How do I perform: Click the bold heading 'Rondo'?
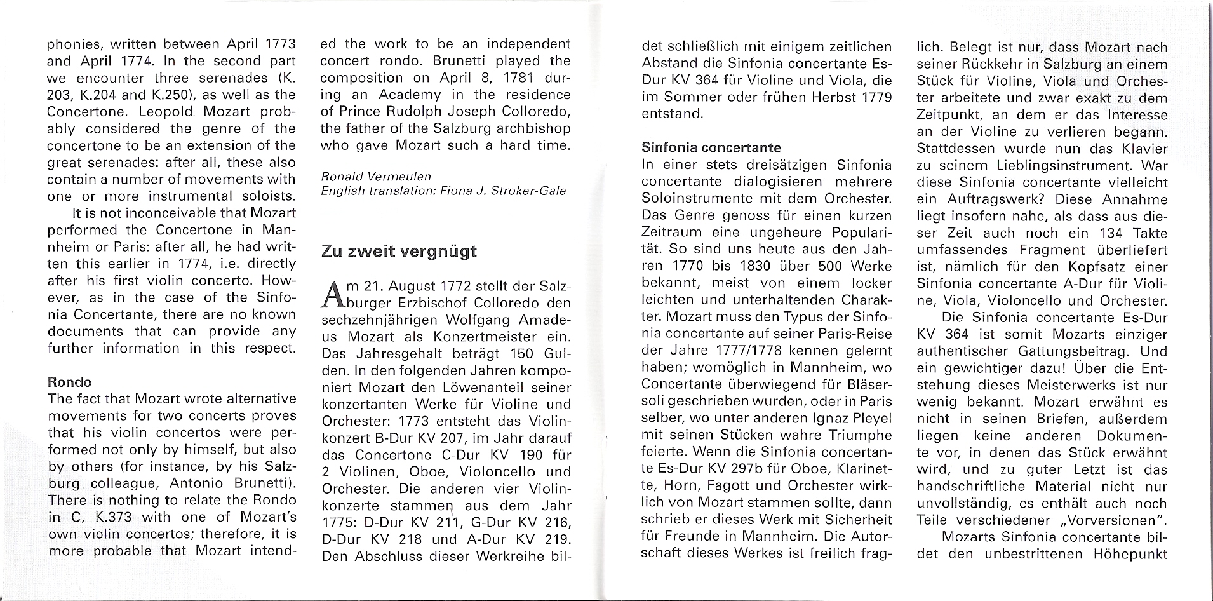pyautogui.click(x=69, y=382)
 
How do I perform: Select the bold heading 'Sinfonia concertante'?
pyautogui.click(x=711, y=148)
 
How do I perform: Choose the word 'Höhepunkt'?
pyautogui.click(x=1130, y=553)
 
